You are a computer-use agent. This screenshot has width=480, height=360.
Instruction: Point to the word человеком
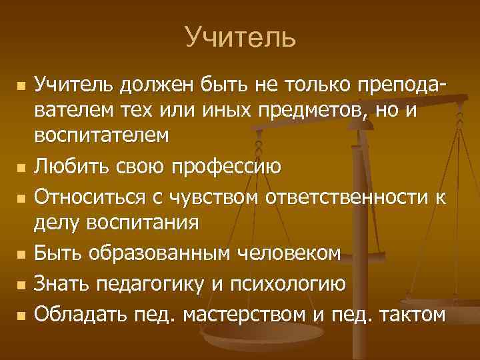[293, 253]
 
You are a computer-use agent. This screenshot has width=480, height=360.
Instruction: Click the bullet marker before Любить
[22, 165]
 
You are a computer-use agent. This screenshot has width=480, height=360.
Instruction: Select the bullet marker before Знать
[22, 285]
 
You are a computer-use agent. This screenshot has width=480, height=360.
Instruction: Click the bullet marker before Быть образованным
[22, 254]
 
